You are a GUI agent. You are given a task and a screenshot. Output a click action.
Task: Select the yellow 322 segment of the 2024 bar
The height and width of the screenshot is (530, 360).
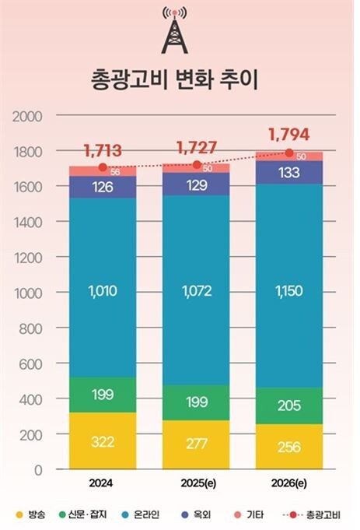coord(103,441)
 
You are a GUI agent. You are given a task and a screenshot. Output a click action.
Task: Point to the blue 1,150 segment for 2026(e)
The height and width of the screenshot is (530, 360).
coord(289,293)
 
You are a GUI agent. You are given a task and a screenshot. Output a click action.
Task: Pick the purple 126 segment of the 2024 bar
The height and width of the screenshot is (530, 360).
coord(103,187)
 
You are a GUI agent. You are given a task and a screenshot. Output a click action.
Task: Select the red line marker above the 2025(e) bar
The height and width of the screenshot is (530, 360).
coord(196,164)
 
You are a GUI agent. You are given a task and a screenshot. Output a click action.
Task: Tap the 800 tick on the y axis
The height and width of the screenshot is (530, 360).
coord(30,328)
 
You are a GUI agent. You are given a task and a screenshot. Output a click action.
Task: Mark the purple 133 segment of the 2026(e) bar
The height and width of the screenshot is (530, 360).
coord(289,173)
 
